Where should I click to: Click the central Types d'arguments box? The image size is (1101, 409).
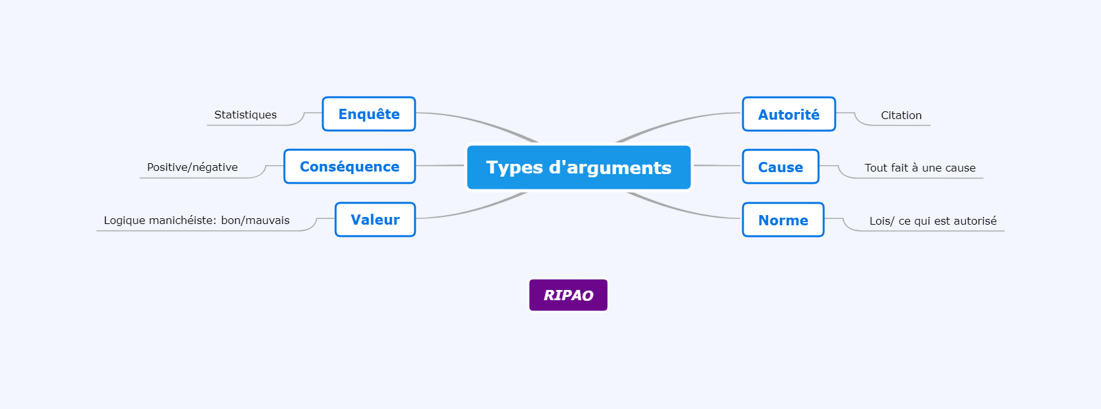click(579, 167)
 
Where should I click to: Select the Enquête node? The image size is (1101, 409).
click(369, 114)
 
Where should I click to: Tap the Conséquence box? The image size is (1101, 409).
click(350, 166)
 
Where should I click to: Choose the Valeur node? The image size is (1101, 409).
click(375, 220)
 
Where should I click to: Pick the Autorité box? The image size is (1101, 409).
click(789, 115)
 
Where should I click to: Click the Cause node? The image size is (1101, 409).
click(781, 167)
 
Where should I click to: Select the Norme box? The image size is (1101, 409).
click(783, 220)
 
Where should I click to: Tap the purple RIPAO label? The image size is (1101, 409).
click(568, 295)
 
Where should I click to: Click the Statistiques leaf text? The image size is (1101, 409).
click(245, 115)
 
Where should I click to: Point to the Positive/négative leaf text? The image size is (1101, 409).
click(192, 167)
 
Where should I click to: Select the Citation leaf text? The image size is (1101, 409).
click(901, 115)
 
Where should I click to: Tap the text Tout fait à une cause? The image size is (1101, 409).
click(920, 168)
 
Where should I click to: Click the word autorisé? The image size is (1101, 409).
click(975, 221)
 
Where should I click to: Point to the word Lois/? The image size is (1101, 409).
click(882, 221)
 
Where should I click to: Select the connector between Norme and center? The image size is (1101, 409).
click(682, 209)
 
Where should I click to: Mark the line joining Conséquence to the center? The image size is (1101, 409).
click(440, 166)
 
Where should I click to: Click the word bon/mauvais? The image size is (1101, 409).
click(255, 220)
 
